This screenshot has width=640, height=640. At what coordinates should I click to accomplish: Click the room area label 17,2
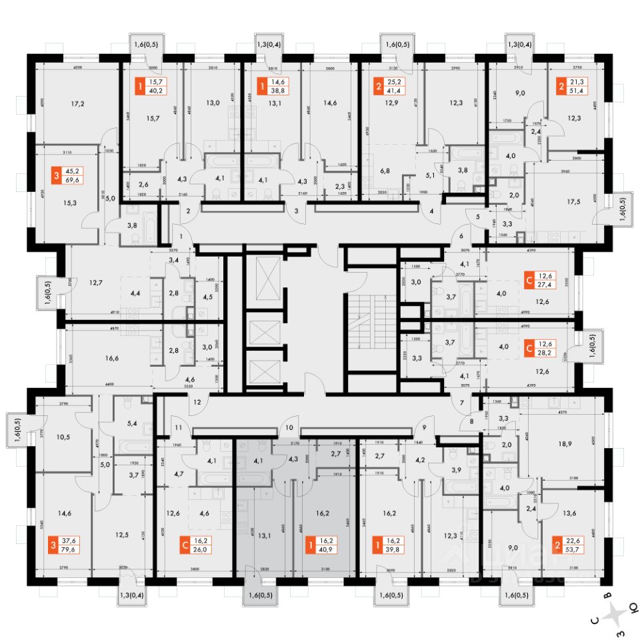point(78,104)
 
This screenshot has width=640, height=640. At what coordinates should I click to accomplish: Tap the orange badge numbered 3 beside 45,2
point(56,177)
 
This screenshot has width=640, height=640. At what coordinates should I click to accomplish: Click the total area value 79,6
point(68,550)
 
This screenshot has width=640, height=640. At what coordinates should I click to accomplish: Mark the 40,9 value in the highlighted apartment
point(325,550)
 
